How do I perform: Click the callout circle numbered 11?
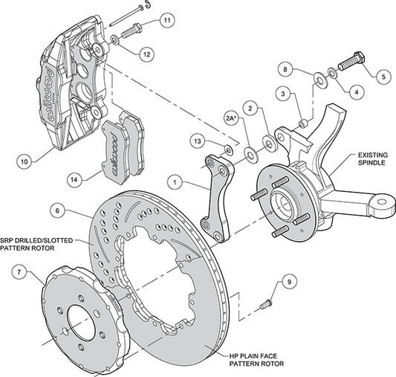166,19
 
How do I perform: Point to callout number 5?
383,75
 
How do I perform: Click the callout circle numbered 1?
175,180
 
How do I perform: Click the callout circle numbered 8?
285,70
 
